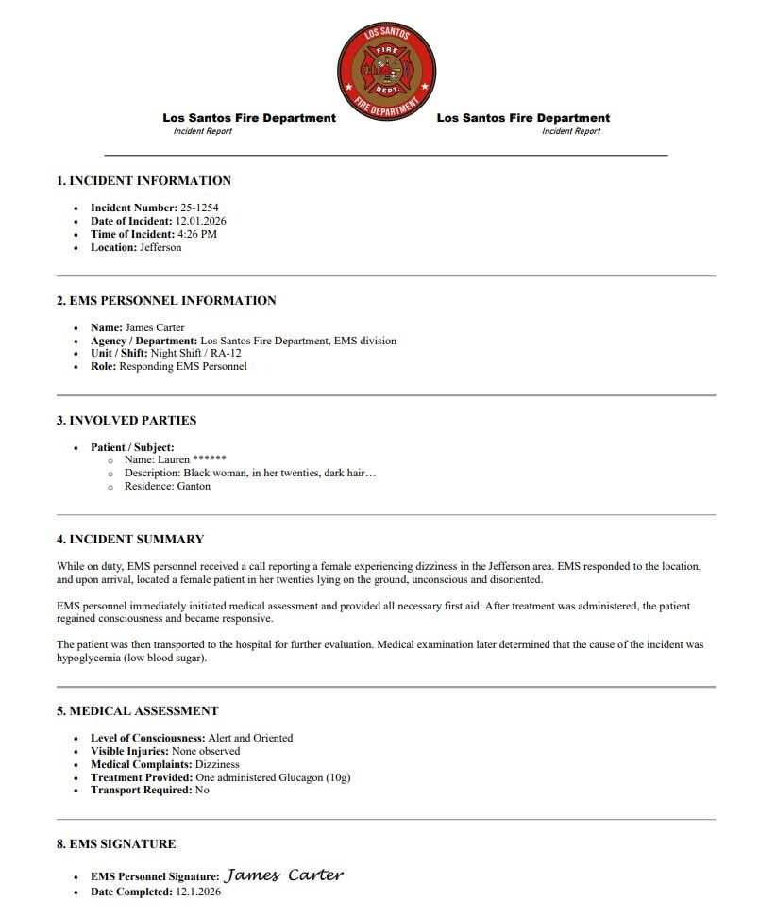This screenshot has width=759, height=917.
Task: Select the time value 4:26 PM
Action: tap(197, 234)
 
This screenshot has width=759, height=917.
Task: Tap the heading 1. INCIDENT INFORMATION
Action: tap(143, 181)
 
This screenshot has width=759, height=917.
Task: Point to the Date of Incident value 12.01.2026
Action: tap(201, 221)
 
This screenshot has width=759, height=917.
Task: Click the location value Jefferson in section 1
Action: tap(160, 247)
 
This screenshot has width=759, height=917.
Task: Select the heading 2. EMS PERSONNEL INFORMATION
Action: tap(166, 301)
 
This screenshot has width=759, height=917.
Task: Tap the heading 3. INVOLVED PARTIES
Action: tap(126, 421)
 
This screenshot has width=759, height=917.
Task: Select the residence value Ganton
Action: tap(194, 486)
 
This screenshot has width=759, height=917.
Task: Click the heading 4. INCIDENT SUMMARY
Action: tap(130, 540)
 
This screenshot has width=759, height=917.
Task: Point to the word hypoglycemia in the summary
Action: tap(89, 658)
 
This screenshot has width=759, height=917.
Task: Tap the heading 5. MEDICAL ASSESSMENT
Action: tap(137, 711)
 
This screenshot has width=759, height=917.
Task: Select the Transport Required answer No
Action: tap(202, 790)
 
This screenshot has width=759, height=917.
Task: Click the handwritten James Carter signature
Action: tap(283, 875)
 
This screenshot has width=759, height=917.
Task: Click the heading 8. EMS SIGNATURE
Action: tap(116, 844)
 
